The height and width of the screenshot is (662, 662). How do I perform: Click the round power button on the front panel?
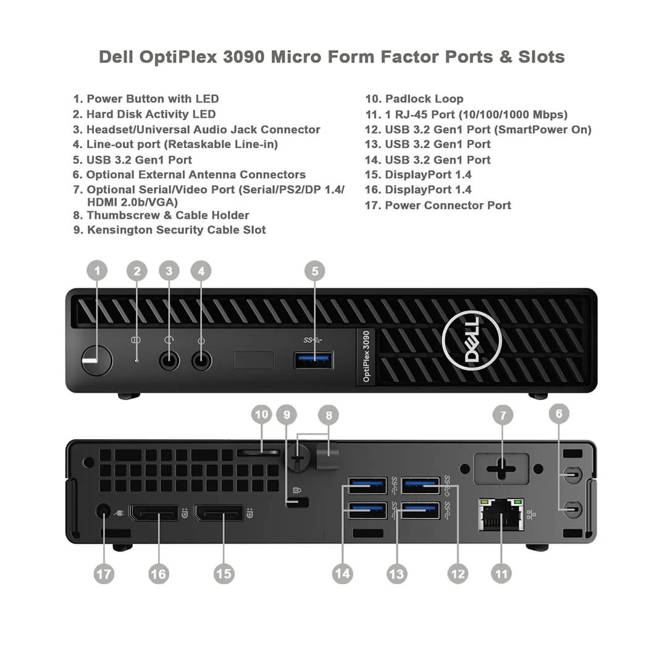tap(97, 360)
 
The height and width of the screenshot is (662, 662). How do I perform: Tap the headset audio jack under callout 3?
tap(169, 360)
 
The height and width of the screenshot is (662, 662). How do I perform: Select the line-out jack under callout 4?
tap(201, 360)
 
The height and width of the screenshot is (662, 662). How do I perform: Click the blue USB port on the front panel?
tap(314, 360)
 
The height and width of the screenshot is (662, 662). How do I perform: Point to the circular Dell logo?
tap(472, 340)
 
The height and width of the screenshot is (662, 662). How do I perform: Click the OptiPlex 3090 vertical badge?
tap(366, 356)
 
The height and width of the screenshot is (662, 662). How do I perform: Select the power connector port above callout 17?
tap(104, 511)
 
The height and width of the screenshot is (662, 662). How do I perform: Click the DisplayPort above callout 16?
tap(153, 513)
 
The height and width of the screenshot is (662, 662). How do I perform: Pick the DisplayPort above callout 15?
tap(219, 513)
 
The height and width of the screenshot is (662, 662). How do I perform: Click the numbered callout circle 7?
tap(503, 415)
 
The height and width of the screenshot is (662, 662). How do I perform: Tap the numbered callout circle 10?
tap(262, 414)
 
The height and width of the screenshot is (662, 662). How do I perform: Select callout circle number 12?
tap(458, 574)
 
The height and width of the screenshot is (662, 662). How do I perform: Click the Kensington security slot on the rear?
tap(298, 503)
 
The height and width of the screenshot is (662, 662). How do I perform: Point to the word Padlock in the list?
tap(406, 99)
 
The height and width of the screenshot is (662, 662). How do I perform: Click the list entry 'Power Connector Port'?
tap(448, 205)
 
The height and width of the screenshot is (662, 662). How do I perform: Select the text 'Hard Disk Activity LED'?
tap(151, 114)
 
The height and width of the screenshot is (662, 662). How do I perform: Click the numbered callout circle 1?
tap(97, 270)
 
